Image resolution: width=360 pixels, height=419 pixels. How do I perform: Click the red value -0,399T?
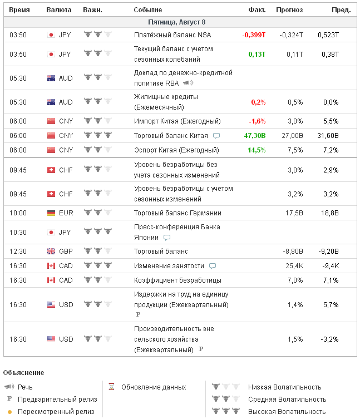(254, 34)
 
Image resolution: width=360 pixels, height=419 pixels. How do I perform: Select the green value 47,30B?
(255, 136)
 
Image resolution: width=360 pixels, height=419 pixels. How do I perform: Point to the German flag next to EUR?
(51, 213)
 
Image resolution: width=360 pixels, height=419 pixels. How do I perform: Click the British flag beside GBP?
(51, 252)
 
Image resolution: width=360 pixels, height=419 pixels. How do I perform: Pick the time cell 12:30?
(18, 252)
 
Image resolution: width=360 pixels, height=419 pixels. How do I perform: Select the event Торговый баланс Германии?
(177, 213)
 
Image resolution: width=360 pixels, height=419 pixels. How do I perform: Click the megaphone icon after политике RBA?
(188, 83)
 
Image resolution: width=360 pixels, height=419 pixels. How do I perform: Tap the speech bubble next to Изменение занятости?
(213, 266)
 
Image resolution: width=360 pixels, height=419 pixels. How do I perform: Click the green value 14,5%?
(257, 150)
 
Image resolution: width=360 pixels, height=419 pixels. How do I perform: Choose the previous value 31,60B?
(328, 136)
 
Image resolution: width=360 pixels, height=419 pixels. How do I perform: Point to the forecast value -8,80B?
(293, 252)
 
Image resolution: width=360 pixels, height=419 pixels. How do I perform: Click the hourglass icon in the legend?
(111, 387)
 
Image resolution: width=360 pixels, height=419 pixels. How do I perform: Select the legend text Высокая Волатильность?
(287, 411)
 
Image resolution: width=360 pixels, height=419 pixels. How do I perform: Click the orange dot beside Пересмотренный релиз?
(9, 412)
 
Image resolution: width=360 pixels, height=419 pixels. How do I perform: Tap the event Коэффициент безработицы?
(177, 280)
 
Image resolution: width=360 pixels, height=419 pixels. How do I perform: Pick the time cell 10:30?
(18, 232)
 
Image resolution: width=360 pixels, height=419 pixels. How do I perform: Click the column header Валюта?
(58, 10)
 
